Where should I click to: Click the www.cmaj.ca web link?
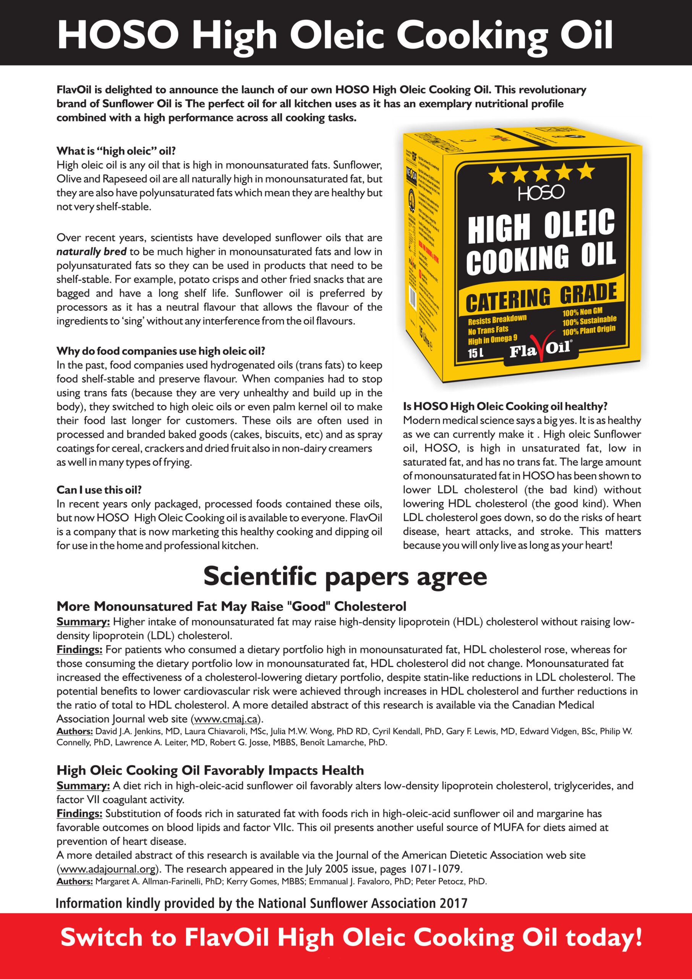point(226,719)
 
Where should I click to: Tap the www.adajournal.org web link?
point(107,869)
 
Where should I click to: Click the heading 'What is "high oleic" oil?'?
point(116,151)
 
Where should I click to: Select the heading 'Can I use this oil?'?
point(99,489)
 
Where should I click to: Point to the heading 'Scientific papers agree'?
point(345,576)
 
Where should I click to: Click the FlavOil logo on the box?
point(540,350)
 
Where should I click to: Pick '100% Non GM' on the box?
point(582,312)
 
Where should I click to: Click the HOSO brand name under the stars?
point(541,193)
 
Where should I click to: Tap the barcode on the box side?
point(412,296)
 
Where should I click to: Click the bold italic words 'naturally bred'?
point(91,252)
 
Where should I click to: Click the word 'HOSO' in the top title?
point(118,35)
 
